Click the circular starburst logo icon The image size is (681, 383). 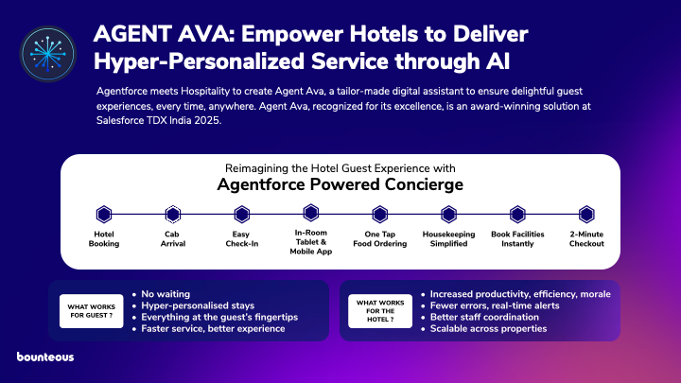48,54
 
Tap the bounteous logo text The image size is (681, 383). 45,357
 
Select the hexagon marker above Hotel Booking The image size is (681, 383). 104,214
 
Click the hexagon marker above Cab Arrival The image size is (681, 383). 173,214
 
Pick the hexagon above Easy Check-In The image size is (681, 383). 242,214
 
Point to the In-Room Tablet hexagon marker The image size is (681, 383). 311,213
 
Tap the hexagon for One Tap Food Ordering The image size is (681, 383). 380,214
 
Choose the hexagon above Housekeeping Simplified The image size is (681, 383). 448,214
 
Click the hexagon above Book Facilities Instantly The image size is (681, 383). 517,214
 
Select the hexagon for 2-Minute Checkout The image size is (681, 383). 586,214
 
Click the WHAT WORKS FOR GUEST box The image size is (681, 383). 91,311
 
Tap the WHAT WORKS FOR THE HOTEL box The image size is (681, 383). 380,311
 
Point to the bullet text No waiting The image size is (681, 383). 166,294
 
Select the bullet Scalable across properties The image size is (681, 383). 488,329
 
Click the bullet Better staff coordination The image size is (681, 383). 484,317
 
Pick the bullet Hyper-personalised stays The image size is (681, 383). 198,305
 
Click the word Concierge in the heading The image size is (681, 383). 424,184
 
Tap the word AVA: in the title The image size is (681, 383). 206,34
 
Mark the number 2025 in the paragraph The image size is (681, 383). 207,120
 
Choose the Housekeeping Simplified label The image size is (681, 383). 448,239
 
